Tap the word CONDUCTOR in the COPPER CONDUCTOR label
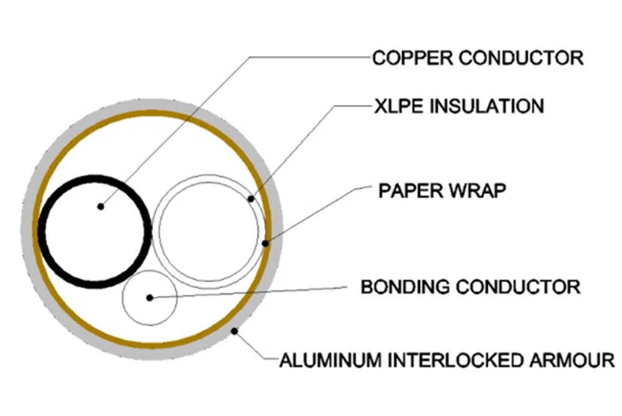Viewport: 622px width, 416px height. pos(521,58)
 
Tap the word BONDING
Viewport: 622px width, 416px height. pos(405,287)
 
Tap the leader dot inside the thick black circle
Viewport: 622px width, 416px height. pos(101,206)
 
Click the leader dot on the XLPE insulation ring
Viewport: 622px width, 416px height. pos(251,199)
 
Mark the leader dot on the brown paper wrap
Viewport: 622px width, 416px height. pos(266,243)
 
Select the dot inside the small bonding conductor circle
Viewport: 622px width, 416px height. pos(149,298)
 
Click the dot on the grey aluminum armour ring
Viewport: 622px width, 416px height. pos(235,331)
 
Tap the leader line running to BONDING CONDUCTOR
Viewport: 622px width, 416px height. pos(248,292)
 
